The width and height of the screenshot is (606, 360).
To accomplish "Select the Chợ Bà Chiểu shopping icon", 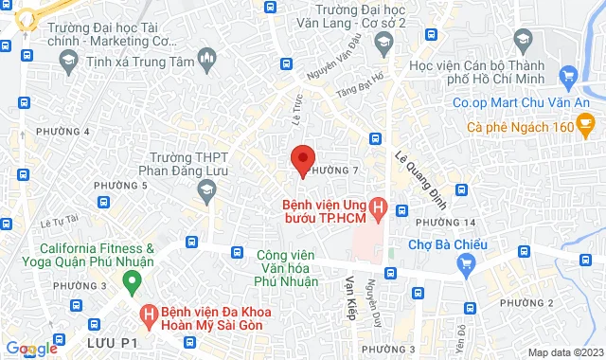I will point(465,268).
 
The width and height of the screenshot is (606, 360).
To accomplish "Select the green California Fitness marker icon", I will point(132,280).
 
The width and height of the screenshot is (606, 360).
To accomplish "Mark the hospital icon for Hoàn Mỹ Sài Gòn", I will point(148,314).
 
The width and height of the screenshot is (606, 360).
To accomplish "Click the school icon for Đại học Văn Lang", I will point(383,42).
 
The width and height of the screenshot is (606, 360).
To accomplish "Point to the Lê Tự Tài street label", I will point(59,223).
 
